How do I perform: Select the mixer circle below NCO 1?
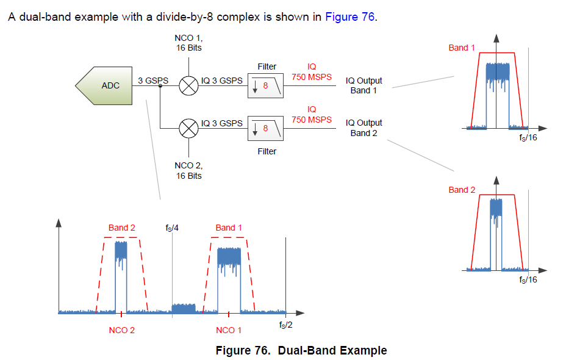[x=189, y=86]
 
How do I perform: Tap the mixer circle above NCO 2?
[x=189, y=128]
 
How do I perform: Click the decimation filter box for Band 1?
[x=267, y=86]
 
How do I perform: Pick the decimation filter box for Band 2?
[x=267, y=128]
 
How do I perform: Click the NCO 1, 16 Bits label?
[x=189, y=43]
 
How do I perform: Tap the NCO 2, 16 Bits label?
[x=189, y=171]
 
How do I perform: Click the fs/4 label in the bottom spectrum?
[x=172, y=228]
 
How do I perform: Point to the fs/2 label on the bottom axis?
[x=286, y=325]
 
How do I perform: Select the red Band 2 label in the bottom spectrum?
[x=122, y=228]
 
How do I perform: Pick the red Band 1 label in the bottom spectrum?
[x=229, y=228]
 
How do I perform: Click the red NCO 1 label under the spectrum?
[x=229, y=330]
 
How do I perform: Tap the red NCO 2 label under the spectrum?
[x=122, y=330]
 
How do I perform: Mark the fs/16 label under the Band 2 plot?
[x=528, y=279]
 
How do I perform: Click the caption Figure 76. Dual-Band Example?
[x=301, y=350]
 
